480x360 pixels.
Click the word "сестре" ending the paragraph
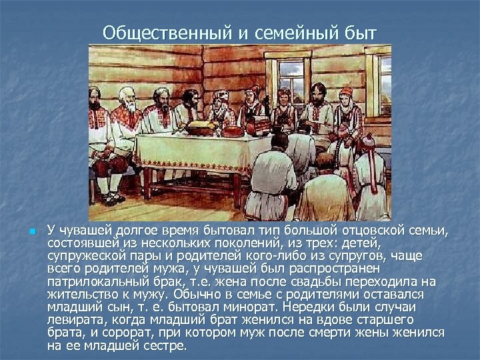click(x=167, y=347)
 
